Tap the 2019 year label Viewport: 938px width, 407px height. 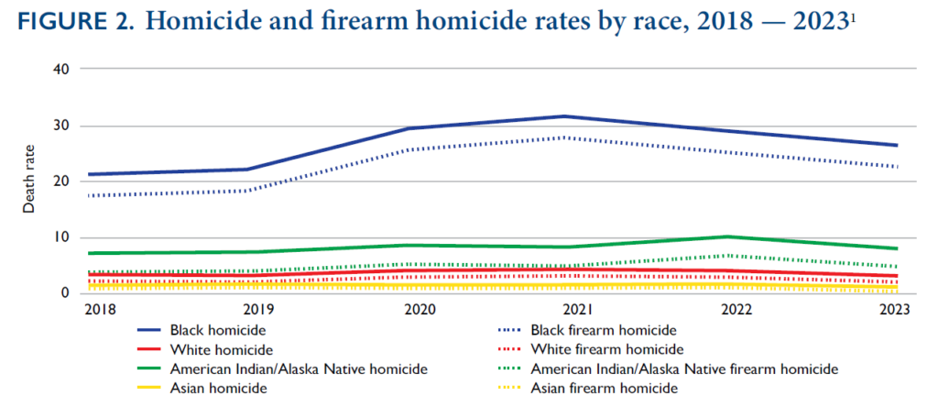[x=256, y=310]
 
